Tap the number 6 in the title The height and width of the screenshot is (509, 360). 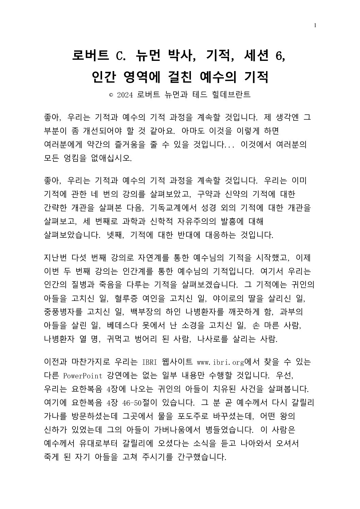(280, 55)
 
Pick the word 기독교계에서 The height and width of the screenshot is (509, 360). (176, 208)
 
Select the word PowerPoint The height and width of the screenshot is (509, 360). (83, 375)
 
